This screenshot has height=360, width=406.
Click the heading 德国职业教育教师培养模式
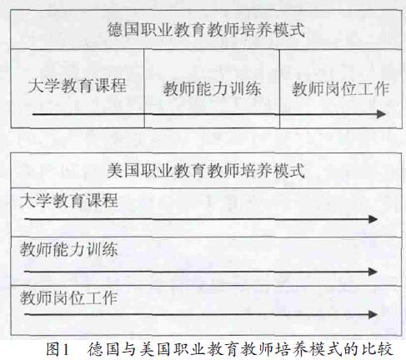tap(206, 30)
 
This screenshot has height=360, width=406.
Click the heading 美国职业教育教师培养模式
tap(206, 170)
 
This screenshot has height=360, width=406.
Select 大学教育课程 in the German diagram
tap(78, 85)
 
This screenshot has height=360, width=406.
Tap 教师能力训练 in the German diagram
tap(212, 89)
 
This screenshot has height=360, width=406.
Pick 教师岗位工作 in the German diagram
tap(340, 89)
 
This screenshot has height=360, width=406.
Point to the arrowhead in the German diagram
tap(381, 114)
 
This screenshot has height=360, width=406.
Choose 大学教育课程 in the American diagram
tap(69, 200)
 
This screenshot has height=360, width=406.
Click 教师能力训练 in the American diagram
tap(69, 249)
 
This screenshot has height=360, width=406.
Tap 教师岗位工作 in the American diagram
tap(69, 298)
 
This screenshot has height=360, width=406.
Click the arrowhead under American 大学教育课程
tap(373, 219)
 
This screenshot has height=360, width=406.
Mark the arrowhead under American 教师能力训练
tap(373, 272)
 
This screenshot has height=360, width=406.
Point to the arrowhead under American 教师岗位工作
tap(373, 315)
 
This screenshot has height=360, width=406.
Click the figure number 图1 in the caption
tap(58, 349)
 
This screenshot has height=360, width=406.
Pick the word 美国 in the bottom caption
tap(154, 349)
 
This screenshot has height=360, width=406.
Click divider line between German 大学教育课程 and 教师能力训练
tap(144, 88)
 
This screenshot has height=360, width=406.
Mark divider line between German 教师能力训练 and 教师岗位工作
tap(279, 88)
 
